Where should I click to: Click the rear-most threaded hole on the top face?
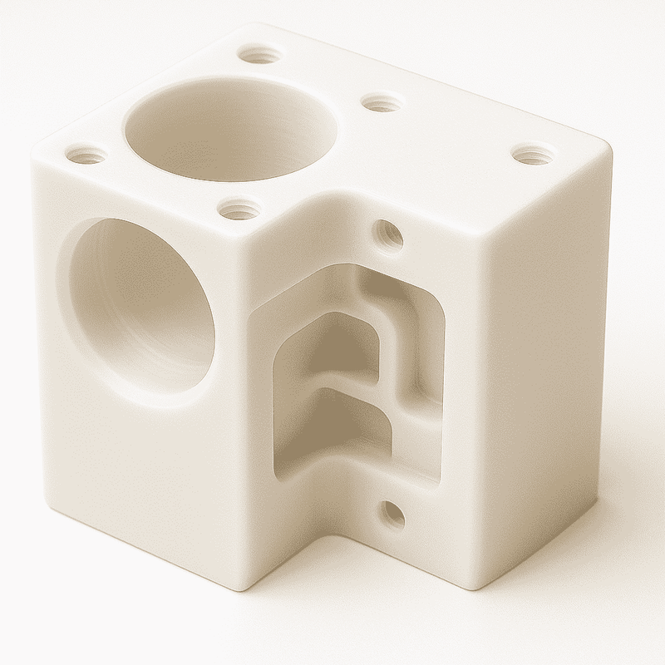[259, 56]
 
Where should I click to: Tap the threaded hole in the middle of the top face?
[382, 103]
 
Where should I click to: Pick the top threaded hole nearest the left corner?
[86, 155]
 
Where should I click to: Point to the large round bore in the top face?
[230, 129]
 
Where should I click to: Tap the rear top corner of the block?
[274, 29]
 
